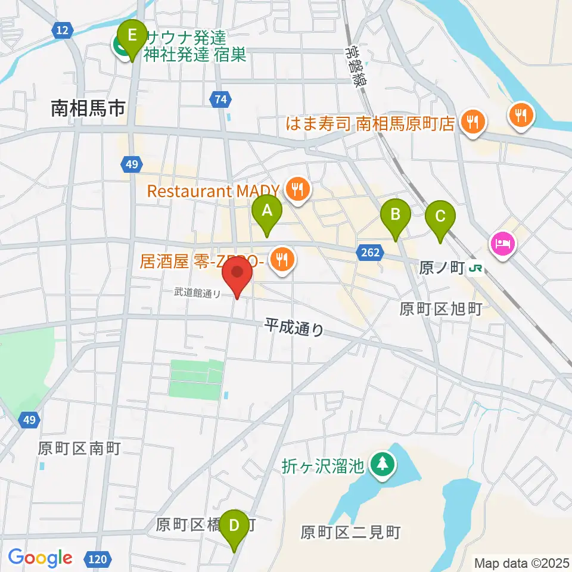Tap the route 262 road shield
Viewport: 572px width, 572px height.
369,253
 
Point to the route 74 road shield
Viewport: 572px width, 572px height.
220,100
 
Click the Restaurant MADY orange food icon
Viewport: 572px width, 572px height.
296,189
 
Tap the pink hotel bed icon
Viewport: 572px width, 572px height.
503,244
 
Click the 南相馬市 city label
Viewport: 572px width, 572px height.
88,108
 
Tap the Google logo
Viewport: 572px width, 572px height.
40,558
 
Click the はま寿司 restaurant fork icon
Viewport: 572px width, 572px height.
474,122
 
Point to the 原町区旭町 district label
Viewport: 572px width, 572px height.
440,308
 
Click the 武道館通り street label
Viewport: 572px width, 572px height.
197,293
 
